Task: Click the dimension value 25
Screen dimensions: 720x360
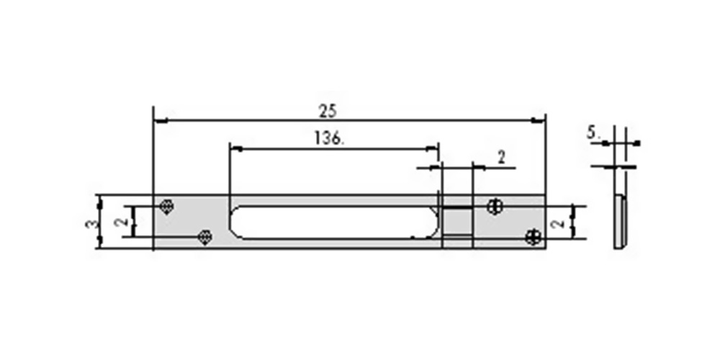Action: click(328, 111)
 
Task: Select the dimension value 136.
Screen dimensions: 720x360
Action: click(329, 138)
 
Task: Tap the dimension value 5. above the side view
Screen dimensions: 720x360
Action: click(593, 133)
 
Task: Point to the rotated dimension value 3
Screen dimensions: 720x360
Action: click(91, 224)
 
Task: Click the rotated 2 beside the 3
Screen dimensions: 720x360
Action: click(121, 222)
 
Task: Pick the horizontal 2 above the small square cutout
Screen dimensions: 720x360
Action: click(501, 158)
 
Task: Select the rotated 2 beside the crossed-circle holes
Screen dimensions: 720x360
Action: click(559, 224)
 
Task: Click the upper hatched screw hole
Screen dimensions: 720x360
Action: click(167, 207)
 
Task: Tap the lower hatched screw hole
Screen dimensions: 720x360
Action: click(204, 237)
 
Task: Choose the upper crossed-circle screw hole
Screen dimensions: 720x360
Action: click(494, 207)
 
